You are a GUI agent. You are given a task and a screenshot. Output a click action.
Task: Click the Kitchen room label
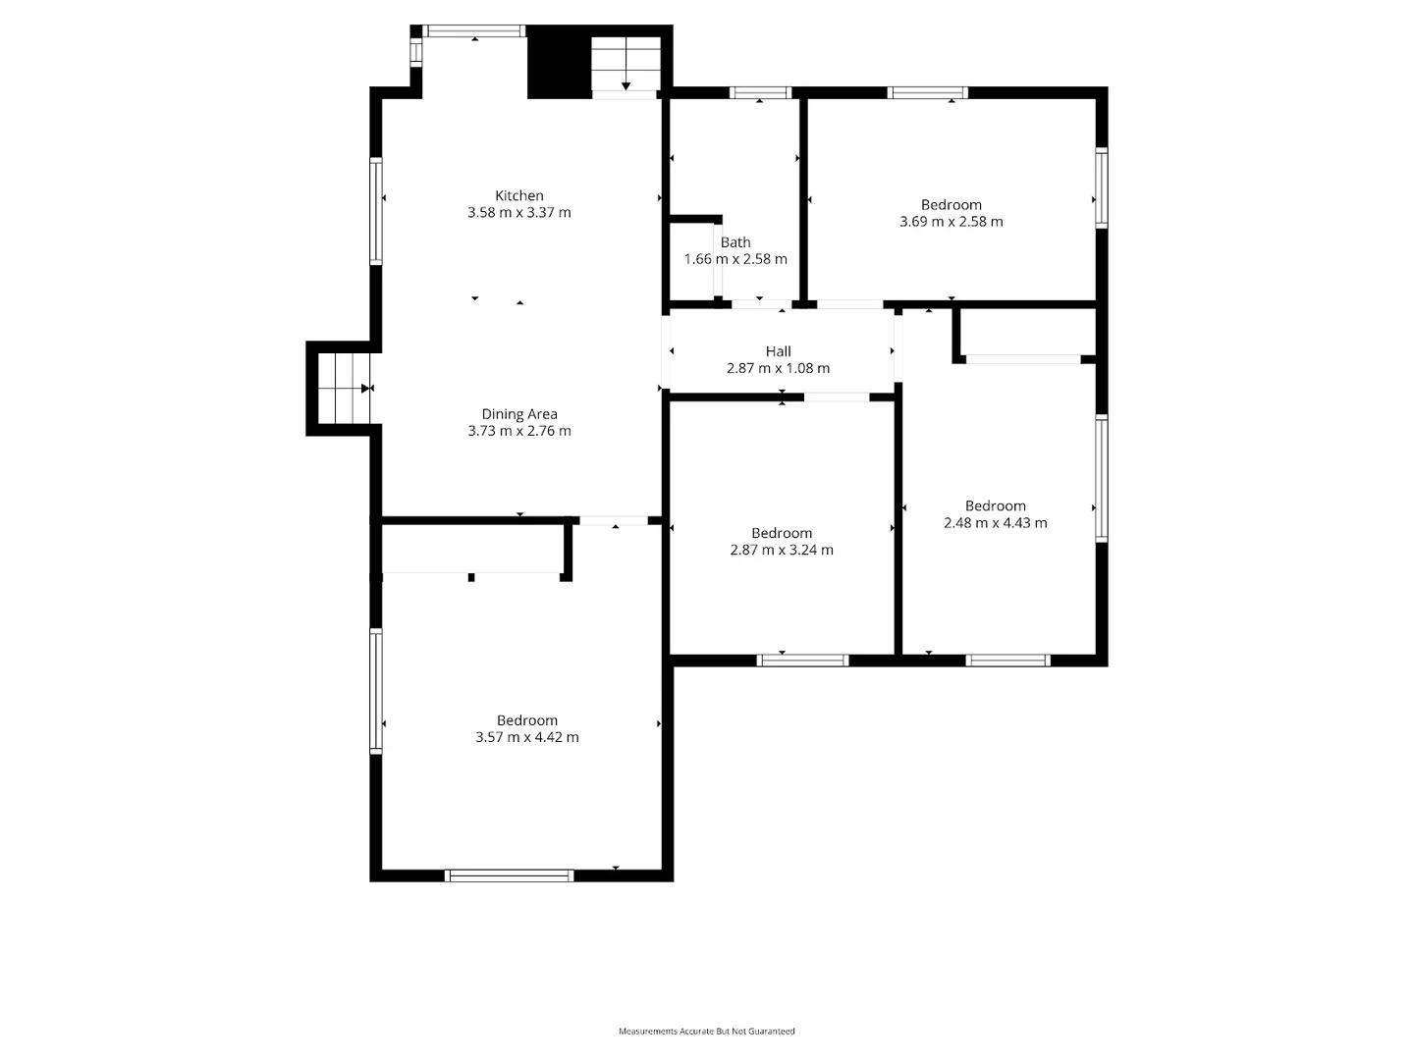[x=518, y=195]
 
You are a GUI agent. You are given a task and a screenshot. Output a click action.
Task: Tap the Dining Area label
[x=518, y=414]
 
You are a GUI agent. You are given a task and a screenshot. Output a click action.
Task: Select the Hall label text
[x=778, y=351]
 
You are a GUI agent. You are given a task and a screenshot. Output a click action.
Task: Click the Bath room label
[x=735, y=242]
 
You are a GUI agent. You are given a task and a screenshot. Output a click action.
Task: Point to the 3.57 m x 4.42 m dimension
[x=527, y=737]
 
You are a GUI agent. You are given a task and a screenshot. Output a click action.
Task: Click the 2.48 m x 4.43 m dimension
[x=995, y=523]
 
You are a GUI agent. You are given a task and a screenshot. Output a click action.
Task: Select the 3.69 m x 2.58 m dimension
[x=951, y=222]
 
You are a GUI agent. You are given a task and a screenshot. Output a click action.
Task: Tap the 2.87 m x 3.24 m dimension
[x=782, y=551]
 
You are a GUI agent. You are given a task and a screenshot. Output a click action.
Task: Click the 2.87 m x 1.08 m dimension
[x=778, y=369]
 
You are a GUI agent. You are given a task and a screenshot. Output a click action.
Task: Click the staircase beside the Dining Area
[x=341, y=389]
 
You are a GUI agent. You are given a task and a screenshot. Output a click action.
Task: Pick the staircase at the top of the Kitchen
[x=625, y=65]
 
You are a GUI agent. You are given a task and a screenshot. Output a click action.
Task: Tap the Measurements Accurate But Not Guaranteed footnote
[x=706, y=1032]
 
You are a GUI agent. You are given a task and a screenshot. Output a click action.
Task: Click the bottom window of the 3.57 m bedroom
[x=509, y=875]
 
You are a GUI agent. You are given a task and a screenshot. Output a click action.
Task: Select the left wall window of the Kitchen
[x=376, y=212]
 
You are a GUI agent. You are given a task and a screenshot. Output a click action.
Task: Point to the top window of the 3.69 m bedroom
[x=927, y=93]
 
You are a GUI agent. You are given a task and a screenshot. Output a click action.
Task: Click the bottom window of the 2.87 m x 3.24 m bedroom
[x=802, y=661]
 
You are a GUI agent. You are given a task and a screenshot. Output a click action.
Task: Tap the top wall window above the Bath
[x=760, y=93]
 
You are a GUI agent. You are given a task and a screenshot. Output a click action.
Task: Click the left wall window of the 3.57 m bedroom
[x=376, y=691]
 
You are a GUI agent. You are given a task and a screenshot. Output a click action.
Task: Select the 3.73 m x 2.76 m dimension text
[x=518, y=431]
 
